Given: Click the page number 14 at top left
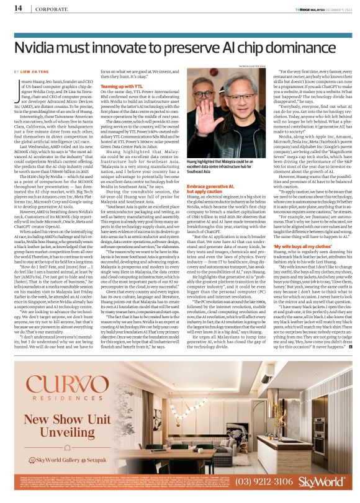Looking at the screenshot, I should pos(18,9).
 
